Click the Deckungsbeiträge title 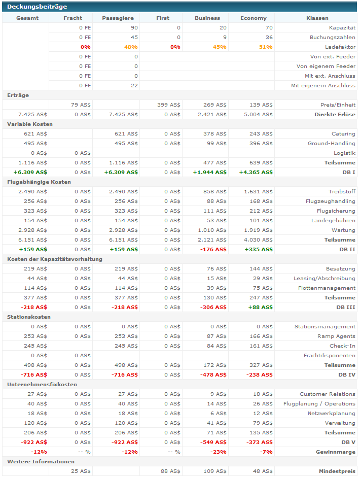37,7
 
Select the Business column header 207,18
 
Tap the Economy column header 254,18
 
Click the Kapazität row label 342,28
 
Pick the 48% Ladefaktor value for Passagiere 131,47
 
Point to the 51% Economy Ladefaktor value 266,47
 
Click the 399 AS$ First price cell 169,105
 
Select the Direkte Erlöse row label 335,114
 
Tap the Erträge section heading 18,95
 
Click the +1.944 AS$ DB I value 210,172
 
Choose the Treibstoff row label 342,191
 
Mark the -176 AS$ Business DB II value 213,250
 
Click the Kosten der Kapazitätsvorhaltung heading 55,259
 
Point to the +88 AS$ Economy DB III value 260,307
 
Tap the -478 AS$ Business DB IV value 213,375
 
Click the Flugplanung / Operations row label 319,404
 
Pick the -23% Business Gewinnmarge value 219,452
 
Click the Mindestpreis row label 337,471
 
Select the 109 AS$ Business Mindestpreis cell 215,471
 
